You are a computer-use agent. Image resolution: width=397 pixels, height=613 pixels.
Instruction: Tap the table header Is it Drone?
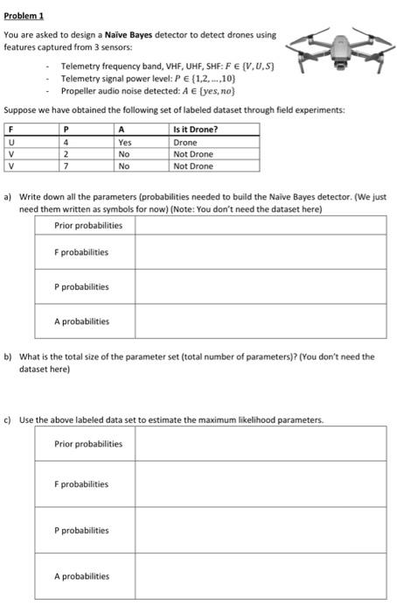(x=196, y=130)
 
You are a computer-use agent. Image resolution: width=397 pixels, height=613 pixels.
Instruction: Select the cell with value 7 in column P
(x=66, y=166)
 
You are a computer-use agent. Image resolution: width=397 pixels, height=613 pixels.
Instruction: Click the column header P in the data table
(x=66, y=130)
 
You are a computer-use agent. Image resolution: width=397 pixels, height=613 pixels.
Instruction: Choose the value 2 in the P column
(x=66, y=154)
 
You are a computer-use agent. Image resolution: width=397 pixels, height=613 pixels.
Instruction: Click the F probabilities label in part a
(x=81, y=253)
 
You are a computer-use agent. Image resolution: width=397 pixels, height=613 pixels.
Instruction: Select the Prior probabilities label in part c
(x=88, y=443)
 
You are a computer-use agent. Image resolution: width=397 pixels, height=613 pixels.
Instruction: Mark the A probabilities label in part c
(x=81, y=576)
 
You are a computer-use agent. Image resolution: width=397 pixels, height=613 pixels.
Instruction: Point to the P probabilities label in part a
(x=81, y=286)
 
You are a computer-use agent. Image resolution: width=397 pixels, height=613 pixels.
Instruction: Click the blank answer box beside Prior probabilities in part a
(x=260, y=226)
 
